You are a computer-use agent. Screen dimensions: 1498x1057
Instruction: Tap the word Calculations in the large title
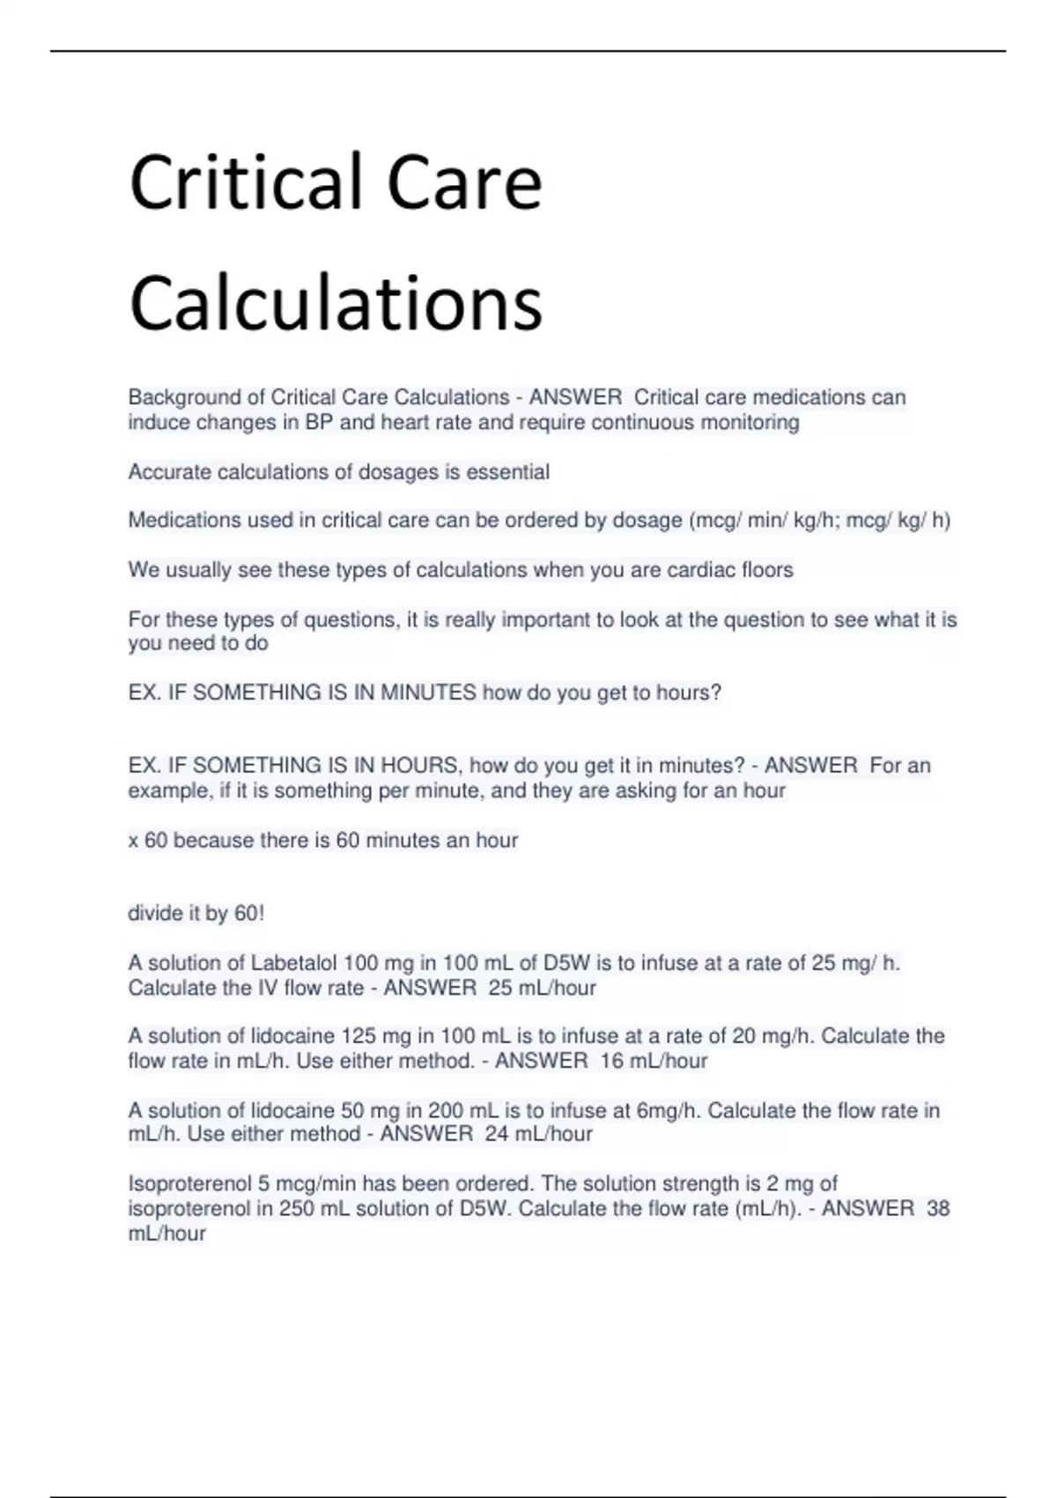(x=336, y=303)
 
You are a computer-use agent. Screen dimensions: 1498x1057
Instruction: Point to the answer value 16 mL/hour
(x=654, y=1061)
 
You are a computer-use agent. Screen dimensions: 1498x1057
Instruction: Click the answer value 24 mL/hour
(x=538, y=1134)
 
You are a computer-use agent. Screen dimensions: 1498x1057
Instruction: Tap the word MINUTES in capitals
(x=428, y=693)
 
